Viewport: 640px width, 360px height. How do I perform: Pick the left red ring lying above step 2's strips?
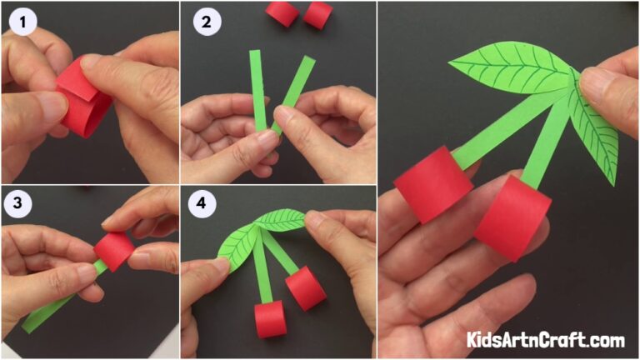[x=282, y=12]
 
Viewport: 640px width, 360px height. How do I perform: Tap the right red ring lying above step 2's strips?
[x=317, y=14]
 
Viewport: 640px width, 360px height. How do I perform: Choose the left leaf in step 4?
[x=236, y=240]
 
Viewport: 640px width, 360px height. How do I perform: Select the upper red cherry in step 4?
[x=305, y=287]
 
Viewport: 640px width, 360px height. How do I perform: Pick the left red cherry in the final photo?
[x=432, y=182]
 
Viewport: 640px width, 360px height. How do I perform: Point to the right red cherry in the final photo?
[x=513, y=216]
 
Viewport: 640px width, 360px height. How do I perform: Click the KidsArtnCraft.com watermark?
[x=545, y=340]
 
